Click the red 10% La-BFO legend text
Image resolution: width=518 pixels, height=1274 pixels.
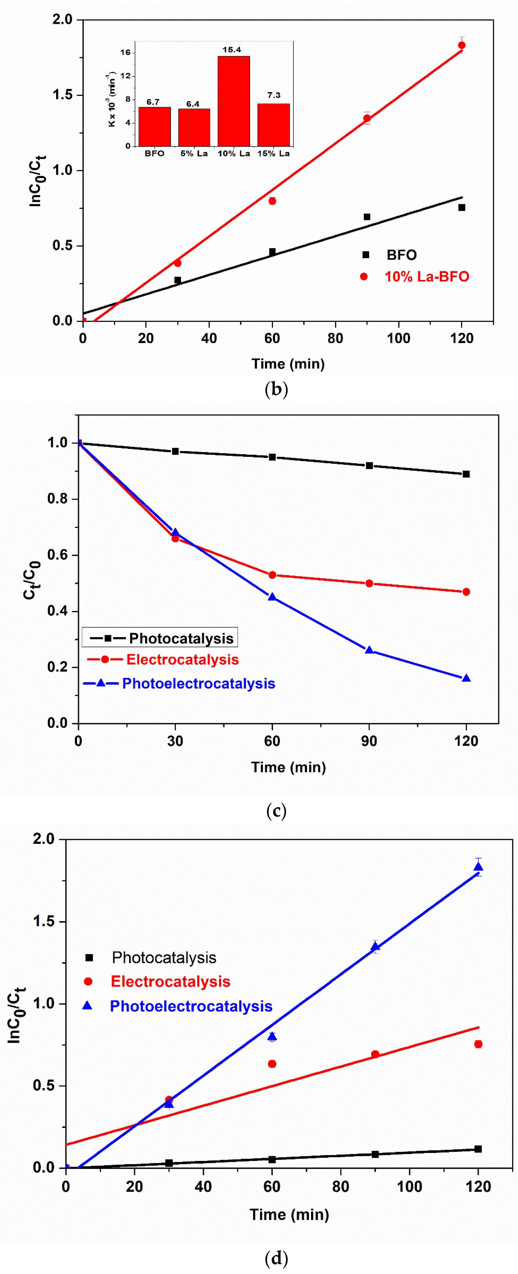(x=427, y=277)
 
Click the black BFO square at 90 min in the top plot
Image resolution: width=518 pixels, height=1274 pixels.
(x=367, y=217)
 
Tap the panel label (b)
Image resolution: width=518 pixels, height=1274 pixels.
(x=276, y=389)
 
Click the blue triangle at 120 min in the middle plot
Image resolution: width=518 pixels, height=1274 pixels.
(x=466, y=678)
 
